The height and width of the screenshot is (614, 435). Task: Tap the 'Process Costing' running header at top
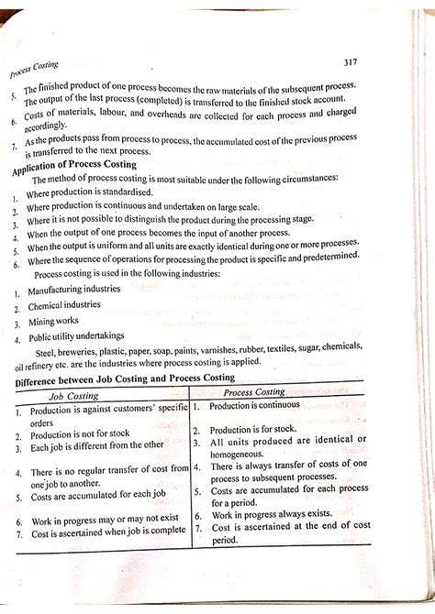pyautogui.click(x=33, y=68)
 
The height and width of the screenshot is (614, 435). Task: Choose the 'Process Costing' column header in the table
pyautogui.click(x=272, y=391)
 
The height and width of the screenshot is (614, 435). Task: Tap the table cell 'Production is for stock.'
pyautogui.click(x=255, y=430)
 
